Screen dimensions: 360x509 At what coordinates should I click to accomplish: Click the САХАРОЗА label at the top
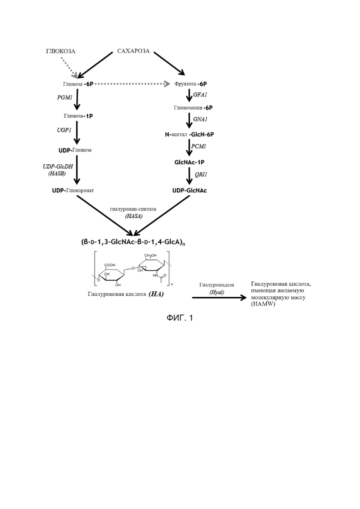(133, 51)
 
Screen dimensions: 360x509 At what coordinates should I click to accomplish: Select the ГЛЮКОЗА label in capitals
(61, 51)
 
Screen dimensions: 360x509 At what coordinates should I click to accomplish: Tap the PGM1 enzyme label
(65, 97)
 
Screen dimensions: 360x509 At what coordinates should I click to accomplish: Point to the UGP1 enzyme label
(64, 130)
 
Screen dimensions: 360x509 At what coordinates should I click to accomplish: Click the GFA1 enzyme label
(200, 95)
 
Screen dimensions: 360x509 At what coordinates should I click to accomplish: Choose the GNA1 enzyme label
(200, 119)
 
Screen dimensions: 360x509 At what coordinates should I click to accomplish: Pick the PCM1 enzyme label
(198, 146)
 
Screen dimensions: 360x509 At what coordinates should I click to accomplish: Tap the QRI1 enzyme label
(201, 174)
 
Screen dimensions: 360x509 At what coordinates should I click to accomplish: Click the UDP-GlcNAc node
(190, 191)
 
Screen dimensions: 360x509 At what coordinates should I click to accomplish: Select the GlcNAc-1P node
(189, 162)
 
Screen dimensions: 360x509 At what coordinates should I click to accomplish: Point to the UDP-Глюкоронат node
(73, 191)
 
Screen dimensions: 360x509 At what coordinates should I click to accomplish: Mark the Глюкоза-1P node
(78, 116)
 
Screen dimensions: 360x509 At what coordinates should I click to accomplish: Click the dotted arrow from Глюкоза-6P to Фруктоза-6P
(132, 84)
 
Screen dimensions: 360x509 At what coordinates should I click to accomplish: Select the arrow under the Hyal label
(219, 297)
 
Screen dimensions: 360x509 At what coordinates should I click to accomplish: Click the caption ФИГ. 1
(180, 318)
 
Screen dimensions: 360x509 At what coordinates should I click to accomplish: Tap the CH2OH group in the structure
(150, 256)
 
